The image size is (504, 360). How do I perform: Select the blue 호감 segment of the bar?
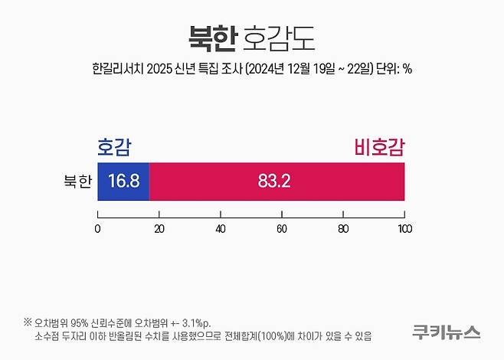coord(123,182)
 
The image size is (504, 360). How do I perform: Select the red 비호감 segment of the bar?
coord(277,182)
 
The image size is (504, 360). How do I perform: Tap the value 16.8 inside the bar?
coord(123,182)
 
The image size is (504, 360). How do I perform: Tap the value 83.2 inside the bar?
coord(275,182)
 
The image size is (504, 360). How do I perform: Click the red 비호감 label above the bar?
coord(378,147)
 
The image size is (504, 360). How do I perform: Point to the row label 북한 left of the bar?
coord(77,182)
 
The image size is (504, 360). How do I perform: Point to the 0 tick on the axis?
coord(98,228)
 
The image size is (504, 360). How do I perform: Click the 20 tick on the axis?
coord(159,228)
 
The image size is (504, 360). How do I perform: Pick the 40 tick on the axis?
coord(221,228)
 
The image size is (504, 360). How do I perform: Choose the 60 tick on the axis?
coord(282,228)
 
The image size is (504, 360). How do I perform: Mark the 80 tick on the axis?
coord(343,228)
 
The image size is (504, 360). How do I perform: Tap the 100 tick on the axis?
coord(404,228)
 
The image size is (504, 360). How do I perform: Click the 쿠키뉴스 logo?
coord(446,332)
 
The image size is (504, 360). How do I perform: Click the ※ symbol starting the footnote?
coord(28,322)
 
